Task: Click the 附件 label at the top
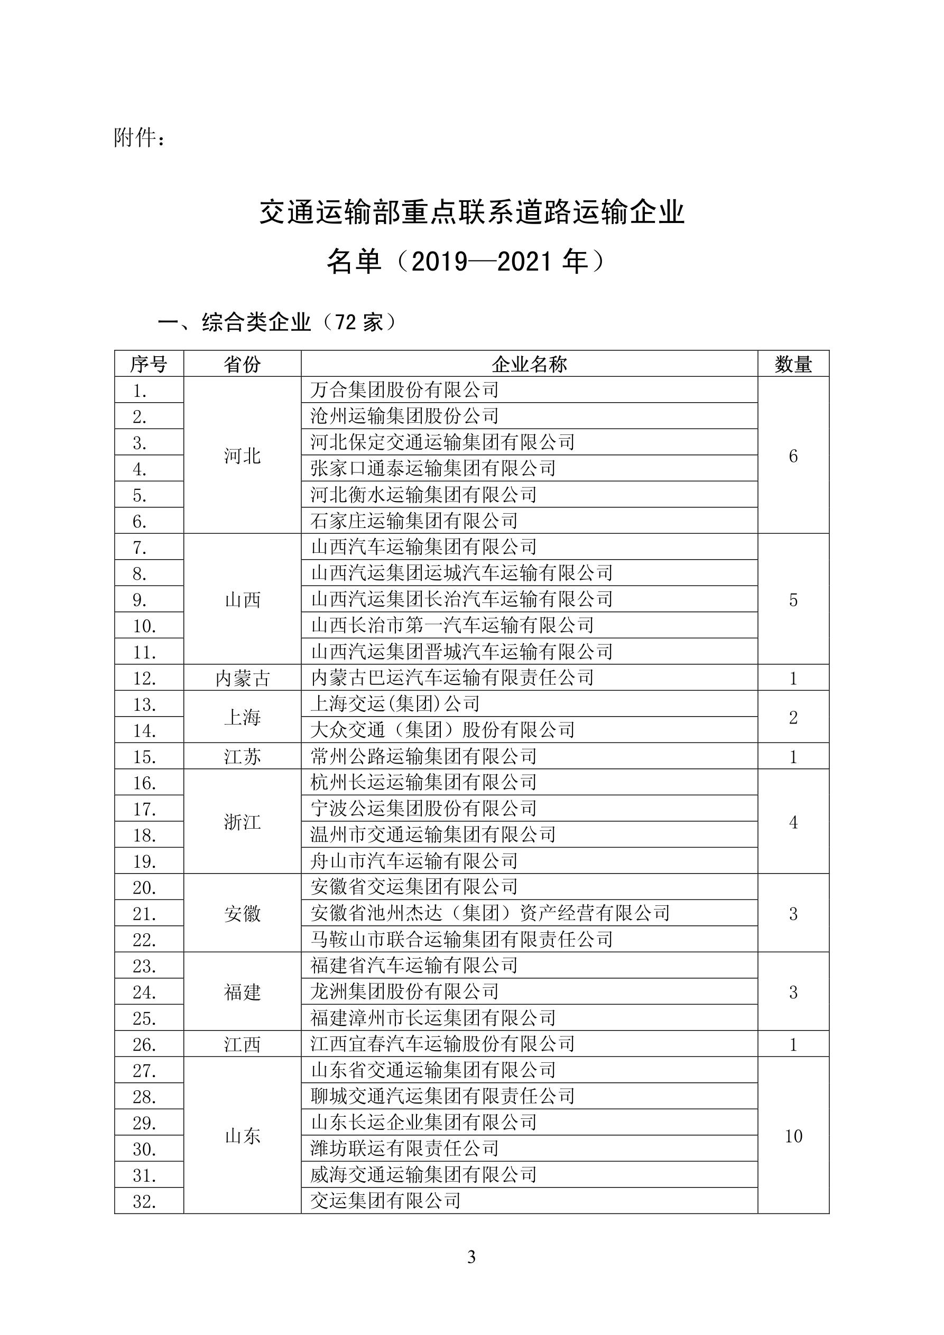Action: tap(140, 138)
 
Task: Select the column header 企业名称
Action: tap(529, 364)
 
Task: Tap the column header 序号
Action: tap(149, 364)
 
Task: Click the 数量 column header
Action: tap(793, 364)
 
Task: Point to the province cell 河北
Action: tap(242, 456)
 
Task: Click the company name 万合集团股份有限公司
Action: tap(404, 390)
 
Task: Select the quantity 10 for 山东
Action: tap(793, 1136)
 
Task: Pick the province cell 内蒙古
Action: tap(242, 678)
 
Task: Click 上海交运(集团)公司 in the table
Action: tap(395, 703)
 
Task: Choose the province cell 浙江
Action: tap(242, 822)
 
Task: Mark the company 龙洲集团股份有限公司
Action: tap(404, 991)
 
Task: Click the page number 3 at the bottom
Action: tap(471, 1257)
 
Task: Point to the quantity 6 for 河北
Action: tap(793, 456)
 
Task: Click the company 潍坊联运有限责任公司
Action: tap(404, 1148)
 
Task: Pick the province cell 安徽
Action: tap(242, 913)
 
